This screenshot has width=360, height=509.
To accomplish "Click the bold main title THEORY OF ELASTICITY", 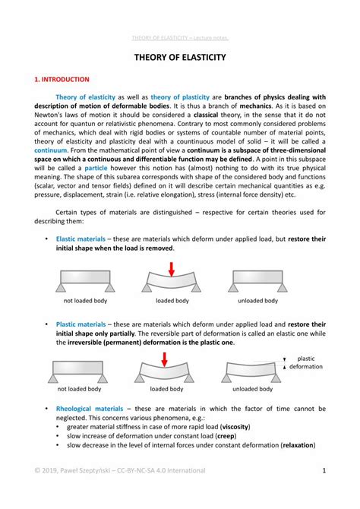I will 180,58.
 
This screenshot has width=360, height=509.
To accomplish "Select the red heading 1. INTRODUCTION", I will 62,79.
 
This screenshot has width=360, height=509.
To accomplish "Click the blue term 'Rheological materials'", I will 88,408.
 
